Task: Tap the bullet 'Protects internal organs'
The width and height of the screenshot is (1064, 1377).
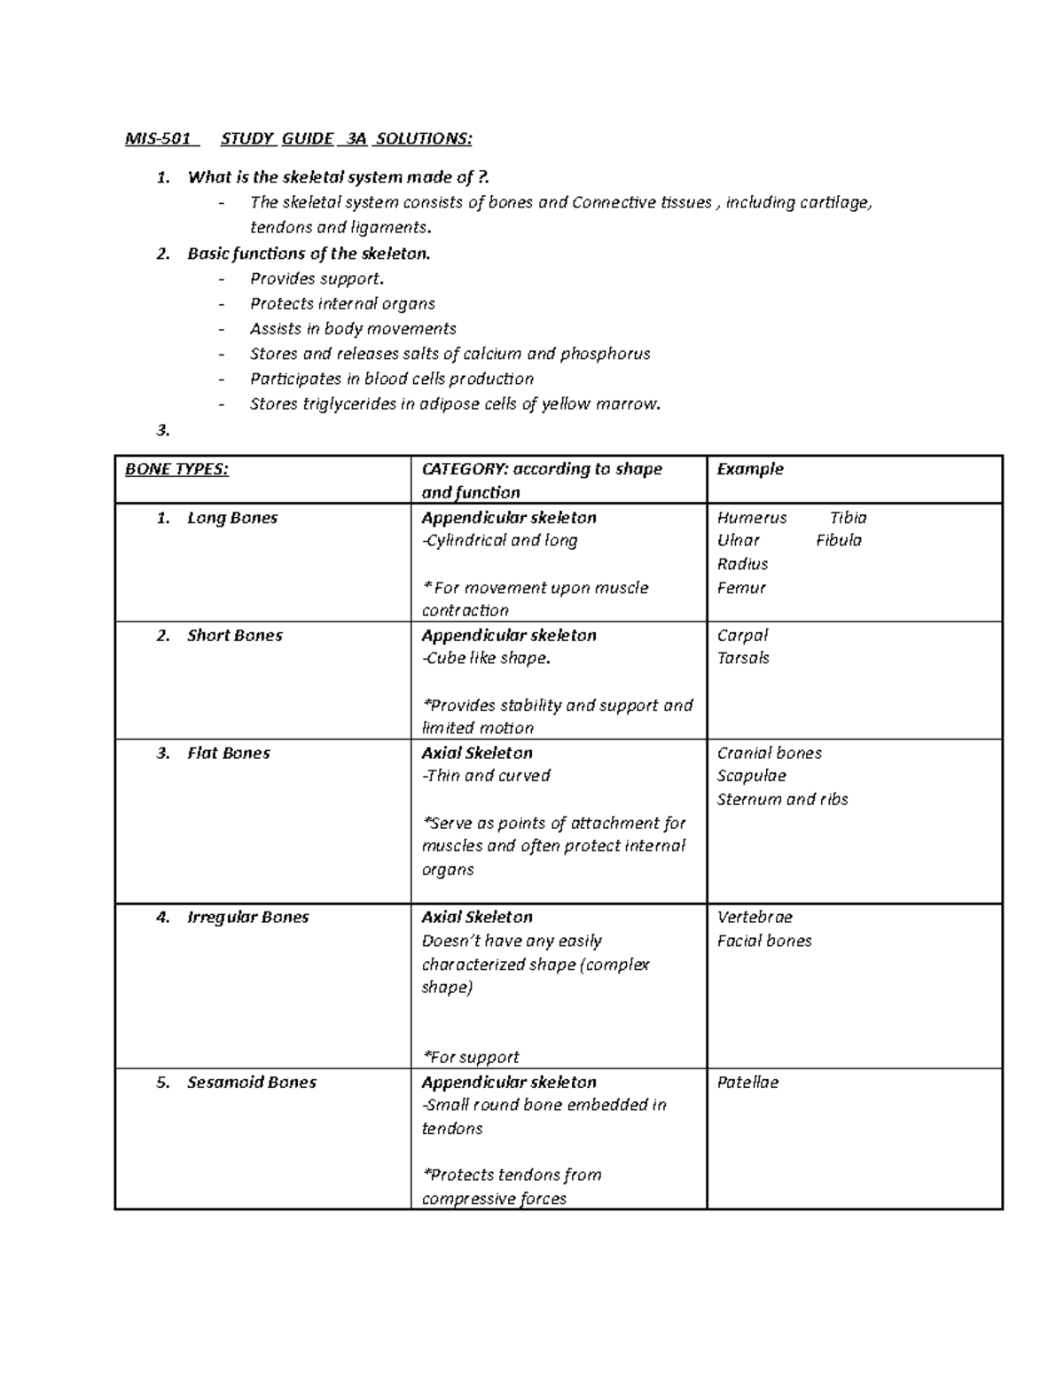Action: pos(342,303)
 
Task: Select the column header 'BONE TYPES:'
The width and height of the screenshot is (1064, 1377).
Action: pos(176,469)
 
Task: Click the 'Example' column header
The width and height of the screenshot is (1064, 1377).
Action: pos(750,469)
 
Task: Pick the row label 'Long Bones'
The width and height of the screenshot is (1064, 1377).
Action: pos(232,518)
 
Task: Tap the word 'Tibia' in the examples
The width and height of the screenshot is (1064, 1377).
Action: pos(848,518)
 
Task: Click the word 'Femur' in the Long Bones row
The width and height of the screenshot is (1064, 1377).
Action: pos(741,588)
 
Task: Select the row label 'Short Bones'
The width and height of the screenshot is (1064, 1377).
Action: pos(235,636)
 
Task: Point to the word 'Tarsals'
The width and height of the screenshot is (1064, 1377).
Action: pos(743,658)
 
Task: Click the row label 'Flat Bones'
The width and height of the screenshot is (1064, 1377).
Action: pos(229,753)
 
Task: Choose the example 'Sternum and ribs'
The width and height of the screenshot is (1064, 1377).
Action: pos(782,799)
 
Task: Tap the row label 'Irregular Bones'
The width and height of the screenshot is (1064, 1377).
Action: pos(248,918)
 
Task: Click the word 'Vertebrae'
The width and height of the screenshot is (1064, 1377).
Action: pos(755,918)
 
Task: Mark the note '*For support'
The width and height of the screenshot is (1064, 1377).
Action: pos(471,1057)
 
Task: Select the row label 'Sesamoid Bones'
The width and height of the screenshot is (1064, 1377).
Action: pos(252,1083)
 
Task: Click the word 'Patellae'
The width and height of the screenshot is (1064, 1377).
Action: pos(747,1083)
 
